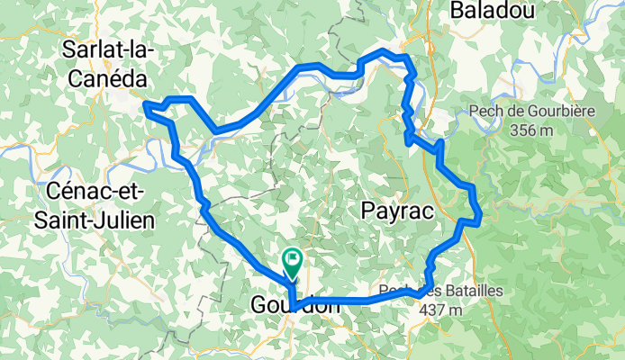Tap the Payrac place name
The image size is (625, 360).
coord(397,211)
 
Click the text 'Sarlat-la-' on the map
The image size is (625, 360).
coord(107,51)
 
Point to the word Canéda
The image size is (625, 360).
coord(105,80)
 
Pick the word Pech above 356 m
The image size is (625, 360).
coord(487,112)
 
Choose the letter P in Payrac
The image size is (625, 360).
coord(367,211)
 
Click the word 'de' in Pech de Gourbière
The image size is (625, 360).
coord(514,112)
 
